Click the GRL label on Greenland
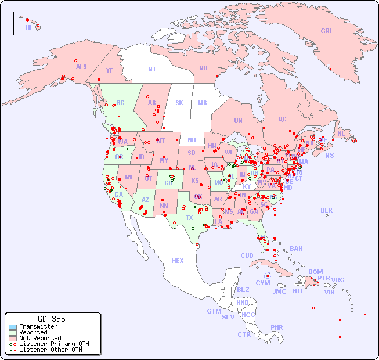click(327, 31)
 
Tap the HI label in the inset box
click(28, 27)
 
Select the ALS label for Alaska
click(81, 67)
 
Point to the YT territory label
click(109, 70)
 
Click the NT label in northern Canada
click(152, 69)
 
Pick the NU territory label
click(203, 68)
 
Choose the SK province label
click(179, 103)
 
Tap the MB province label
click(203, 103)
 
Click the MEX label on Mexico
click(178, 261)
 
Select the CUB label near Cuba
click(247, 255)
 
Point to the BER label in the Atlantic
click(327, 210)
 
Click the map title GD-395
click(52, 319)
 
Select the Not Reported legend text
click(40, 338)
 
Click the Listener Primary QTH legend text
click(54, 344)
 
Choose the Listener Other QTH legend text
click(50, 350)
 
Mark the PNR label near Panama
click(277, 327)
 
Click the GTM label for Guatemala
click(214, 311)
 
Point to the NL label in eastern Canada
click(341, 134)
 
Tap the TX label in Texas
click(189, 218)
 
